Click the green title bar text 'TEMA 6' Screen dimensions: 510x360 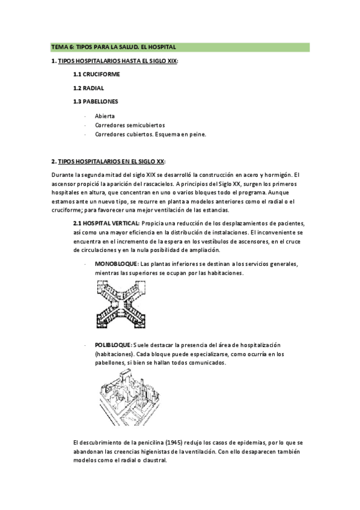click(63, 46)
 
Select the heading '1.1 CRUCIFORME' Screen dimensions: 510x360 click(96, 74)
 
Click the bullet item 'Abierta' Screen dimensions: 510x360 click(105, 115)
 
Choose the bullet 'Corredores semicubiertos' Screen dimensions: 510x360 click(130, 125)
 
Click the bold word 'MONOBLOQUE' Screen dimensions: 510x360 click(117, 264)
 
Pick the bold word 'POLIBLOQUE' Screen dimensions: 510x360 click(114, 344)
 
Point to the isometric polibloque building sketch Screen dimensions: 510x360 click(130, 392)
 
